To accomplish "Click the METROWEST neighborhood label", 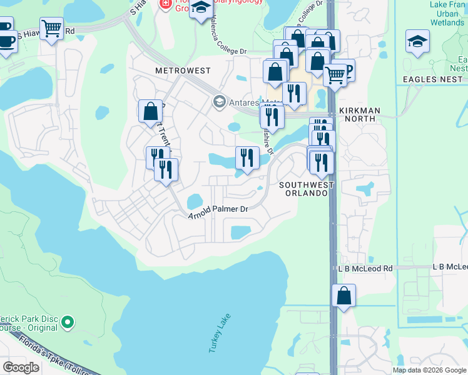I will (x=183, y=71).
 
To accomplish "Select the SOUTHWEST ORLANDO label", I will (x=304, y=189).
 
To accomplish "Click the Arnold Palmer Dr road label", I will (x=219, y=215).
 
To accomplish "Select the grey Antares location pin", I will (x=219, y=101).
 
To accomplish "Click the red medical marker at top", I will (x=165, y=4).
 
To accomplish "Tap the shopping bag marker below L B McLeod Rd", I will (x=343, y=296).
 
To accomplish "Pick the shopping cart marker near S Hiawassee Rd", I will (x=51, y=28).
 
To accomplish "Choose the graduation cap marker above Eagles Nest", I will (x=417, y=41).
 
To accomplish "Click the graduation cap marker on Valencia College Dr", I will (x=201, y=8).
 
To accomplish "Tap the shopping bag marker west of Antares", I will (x=151, y=112).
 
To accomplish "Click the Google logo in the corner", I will (x=21, y=367).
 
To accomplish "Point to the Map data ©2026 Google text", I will (x=429, y=370).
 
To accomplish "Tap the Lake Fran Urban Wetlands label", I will (x=449, y=14).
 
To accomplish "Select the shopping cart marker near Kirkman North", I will (x=335, y=75).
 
